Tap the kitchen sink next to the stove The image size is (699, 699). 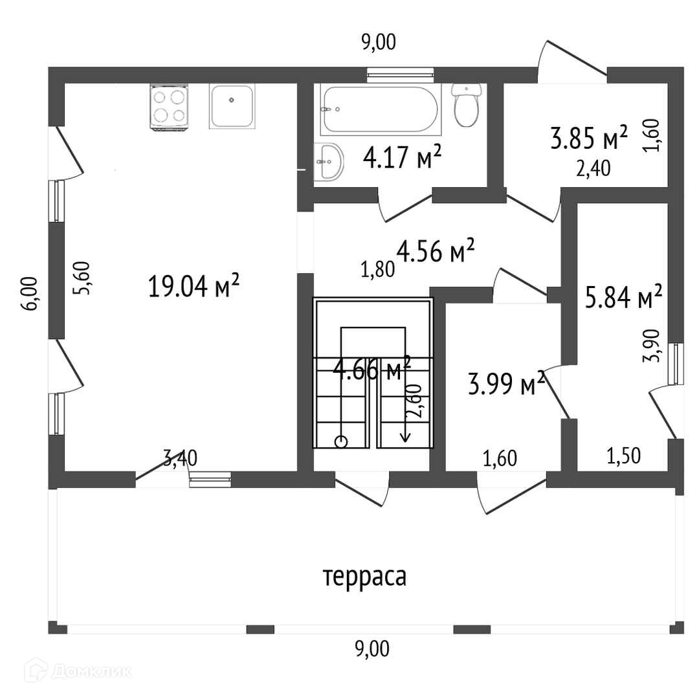click(232, 107)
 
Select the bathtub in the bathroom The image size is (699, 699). click(381, 109)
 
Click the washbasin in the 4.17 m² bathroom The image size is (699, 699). click(329, 161)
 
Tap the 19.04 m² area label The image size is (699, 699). click(194, 285)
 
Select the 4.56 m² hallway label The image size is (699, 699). click(435, 250)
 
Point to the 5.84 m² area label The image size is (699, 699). click(623, 296)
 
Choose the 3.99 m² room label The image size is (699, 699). click(506, 383)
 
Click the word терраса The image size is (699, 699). click(364, 577)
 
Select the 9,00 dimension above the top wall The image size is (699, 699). click(379, 42)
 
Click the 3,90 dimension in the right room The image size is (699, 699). click(651, 346)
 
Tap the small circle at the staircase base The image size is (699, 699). click(341, 442)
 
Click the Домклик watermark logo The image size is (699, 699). click(78, 671)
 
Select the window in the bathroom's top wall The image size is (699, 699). click(401, 75)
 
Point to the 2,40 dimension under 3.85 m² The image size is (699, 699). click(594, 168)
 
